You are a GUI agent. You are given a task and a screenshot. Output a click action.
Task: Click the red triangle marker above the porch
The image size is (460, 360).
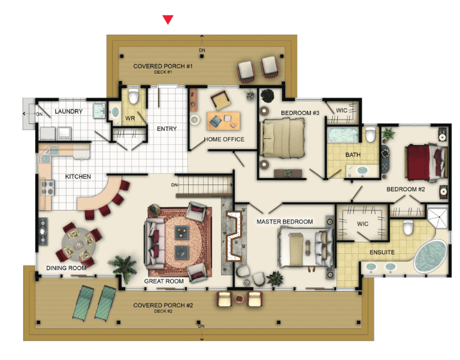[168, 20]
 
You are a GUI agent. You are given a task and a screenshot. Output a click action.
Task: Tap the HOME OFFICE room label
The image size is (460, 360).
[224, 140]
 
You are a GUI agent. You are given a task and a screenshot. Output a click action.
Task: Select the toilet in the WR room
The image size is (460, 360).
[134, 96]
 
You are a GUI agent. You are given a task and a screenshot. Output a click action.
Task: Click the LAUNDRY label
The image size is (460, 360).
[69, 111]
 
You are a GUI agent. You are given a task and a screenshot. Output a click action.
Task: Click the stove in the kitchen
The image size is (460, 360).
[47, 187]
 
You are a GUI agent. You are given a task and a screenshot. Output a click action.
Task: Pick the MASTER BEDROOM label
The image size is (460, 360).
[285, 222]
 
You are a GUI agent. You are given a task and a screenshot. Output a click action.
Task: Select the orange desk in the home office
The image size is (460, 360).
[223, 121]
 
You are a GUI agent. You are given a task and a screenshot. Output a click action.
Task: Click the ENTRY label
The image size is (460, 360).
[167, 129]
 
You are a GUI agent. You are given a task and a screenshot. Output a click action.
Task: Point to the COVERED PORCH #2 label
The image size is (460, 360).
[163, 305]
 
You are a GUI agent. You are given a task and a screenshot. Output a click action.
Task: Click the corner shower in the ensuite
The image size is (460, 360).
[437, 217]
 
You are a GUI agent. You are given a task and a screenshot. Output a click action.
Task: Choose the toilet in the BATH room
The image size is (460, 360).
[371, 134]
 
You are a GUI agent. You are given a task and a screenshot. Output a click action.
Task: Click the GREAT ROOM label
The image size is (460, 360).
[164, 282]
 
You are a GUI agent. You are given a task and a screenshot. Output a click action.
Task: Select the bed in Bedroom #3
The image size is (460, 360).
[283, 138]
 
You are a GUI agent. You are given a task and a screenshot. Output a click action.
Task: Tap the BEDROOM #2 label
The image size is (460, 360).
[405, 189]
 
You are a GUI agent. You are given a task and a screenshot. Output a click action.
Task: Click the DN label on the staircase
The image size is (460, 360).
[174, 185]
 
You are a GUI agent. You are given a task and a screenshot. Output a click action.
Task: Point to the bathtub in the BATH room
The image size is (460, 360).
[343, 135]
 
